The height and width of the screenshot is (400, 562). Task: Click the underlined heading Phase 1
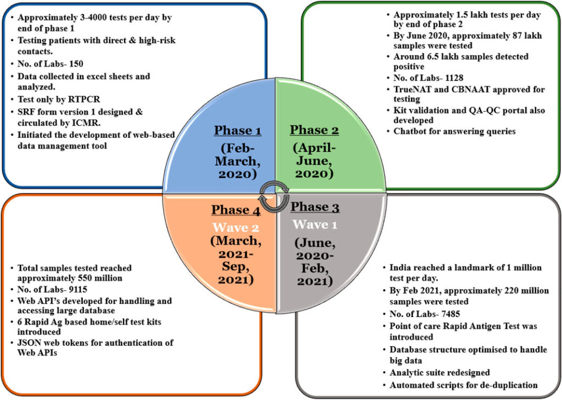tap(238, 131)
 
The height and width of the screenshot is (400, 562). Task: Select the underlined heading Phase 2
tap(314, 130)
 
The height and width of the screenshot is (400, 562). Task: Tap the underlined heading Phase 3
tap(314, 207)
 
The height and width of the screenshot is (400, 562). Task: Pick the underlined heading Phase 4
tap(236, 210)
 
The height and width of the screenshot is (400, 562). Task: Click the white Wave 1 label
tap(314, 225)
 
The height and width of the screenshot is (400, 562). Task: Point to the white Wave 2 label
tap(236, 227)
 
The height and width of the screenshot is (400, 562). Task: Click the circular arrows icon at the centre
tap(274, 197)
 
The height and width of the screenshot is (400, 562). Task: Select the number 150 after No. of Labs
tap(76, 64)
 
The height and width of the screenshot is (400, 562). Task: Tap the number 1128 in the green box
tap(453, 78)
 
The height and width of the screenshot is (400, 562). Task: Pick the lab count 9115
tap(77, 289)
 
